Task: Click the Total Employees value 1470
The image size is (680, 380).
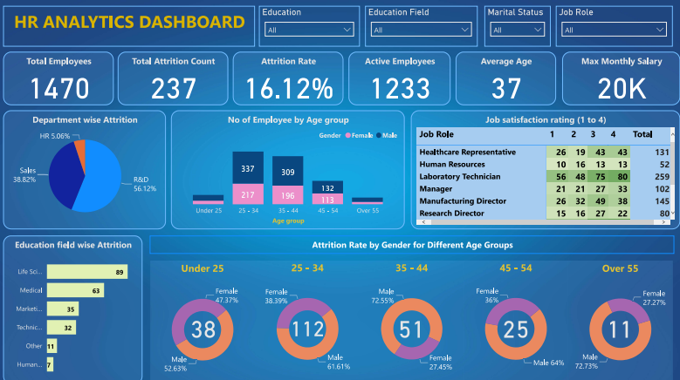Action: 58,87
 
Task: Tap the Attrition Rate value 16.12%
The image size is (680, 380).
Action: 288,87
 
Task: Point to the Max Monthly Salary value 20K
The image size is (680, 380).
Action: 622,87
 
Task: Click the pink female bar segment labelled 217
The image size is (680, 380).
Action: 249,194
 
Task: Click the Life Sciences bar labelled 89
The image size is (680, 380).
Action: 86,272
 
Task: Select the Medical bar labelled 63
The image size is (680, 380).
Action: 75,290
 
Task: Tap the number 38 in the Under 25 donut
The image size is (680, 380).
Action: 203,329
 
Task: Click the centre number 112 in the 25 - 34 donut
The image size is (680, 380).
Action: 307,329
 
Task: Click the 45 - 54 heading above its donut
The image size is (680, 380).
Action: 515,268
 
